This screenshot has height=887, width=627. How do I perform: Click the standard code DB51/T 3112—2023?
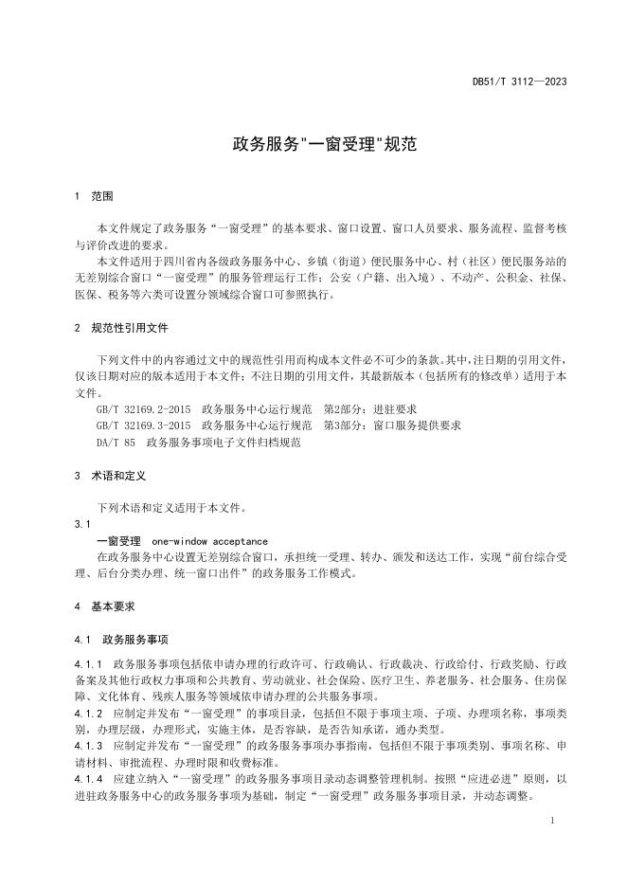[x=519, y=82]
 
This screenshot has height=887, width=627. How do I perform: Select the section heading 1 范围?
[x=94, y=197]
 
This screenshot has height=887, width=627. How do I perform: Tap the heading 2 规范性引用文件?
[x=120, y=328]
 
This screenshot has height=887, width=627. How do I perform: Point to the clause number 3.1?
[x=81, y=523]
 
